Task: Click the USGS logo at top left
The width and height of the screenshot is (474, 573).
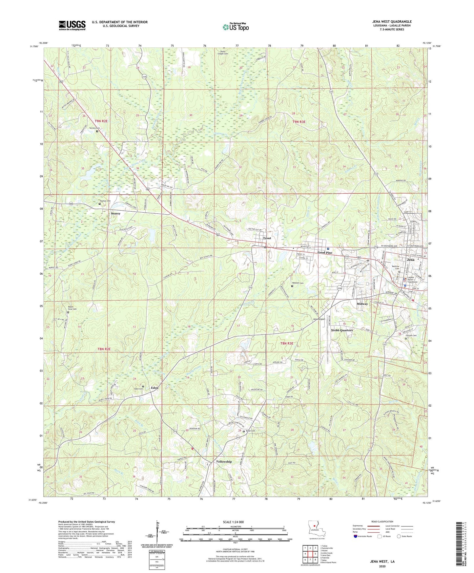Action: pyautogui.click(x=72, y=25)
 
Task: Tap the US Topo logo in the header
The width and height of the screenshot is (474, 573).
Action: pyautogui.click(x=235, y=27)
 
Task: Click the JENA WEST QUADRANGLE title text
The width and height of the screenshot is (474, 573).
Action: pyautogui.click(x=392, y=22)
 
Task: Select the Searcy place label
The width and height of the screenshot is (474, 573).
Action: pyautogui.click(x=115, y=213)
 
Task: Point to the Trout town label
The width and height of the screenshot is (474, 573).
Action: pyautogui.click(x=267, y=238)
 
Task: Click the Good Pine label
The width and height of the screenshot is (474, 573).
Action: pyautogui.click(x=325, y=253)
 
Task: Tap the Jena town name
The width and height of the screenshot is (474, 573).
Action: pyautogui.click(x=410, y=260)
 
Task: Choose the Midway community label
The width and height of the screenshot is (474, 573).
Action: pyautogui.click(x=362, y=304)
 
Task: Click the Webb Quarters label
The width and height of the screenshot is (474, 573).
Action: pyautogui.click(x=341, y=330)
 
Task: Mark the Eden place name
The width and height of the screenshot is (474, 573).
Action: pyautogui.click(x=155, y=388)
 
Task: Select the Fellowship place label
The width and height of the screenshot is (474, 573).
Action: pyautogui.click(x=224, y=461)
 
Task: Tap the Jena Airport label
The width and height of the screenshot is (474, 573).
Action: pyautogui.click(x=319, y=319)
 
